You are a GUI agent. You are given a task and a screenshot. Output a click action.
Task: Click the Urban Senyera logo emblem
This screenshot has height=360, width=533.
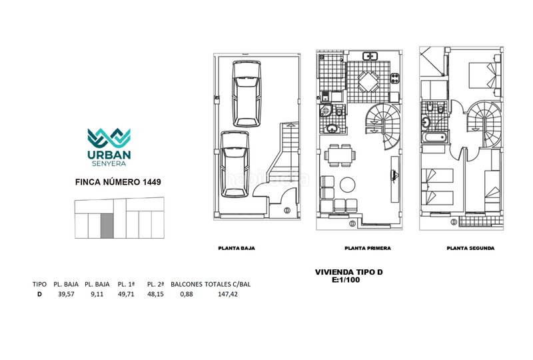click(x=109, y=138)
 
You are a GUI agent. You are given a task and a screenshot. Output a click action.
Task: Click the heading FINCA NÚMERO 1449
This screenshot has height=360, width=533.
click(x=118, y=182)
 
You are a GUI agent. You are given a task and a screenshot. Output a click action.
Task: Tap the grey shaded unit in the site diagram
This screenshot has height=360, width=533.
click(x=107, y=226)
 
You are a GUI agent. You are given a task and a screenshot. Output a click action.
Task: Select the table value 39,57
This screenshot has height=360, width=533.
click(x=66, y=294)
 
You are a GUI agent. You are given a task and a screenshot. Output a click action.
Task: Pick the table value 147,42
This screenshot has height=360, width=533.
click(x=228, y=294)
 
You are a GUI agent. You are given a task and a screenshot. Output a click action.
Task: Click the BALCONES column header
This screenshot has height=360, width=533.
click(x=187, y=284)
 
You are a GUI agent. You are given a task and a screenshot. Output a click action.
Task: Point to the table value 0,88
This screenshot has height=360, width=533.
click(x=187, y=294)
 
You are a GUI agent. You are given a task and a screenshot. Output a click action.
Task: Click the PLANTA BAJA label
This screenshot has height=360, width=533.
click(x=237, y=249)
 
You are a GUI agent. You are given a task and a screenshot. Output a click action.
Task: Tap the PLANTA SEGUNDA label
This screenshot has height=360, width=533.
click(x=470, y=249)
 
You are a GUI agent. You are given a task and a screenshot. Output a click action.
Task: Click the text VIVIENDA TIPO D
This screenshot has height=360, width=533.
click(x=348, y=272)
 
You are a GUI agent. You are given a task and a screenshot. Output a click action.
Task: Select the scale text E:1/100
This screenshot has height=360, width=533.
click(x=346, y=280)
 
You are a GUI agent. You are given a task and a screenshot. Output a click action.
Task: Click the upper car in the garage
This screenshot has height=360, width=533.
click(x=247, y=93)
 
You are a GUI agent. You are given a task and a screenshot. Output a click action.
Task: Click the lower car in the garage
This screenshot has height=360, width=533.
click(x=235, y=165)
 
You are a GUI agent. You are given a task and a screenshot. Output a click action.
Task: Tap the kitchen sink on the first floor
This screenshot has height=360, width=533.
click(x=370, y=56)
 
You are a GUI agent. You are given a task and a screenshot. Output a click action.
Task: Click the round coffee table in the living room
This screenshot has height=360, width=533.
click(x=347, y=185)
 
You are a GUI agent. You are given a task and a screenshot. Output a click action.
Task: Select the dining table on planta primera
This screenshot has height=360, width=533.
click(x=340, y=155)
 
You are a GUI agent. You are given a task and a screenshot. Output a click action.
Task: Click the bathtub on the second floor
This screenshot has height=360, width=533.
click(x=434, y=137)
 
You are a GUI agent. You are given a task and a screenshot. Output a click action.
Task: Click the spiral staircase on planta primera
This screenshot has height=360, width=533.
click(x=383, y=127)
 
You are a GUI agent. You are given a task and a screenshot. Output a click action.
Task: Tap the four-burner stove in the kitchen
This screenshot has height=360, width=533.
click(x=394, y=78)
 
